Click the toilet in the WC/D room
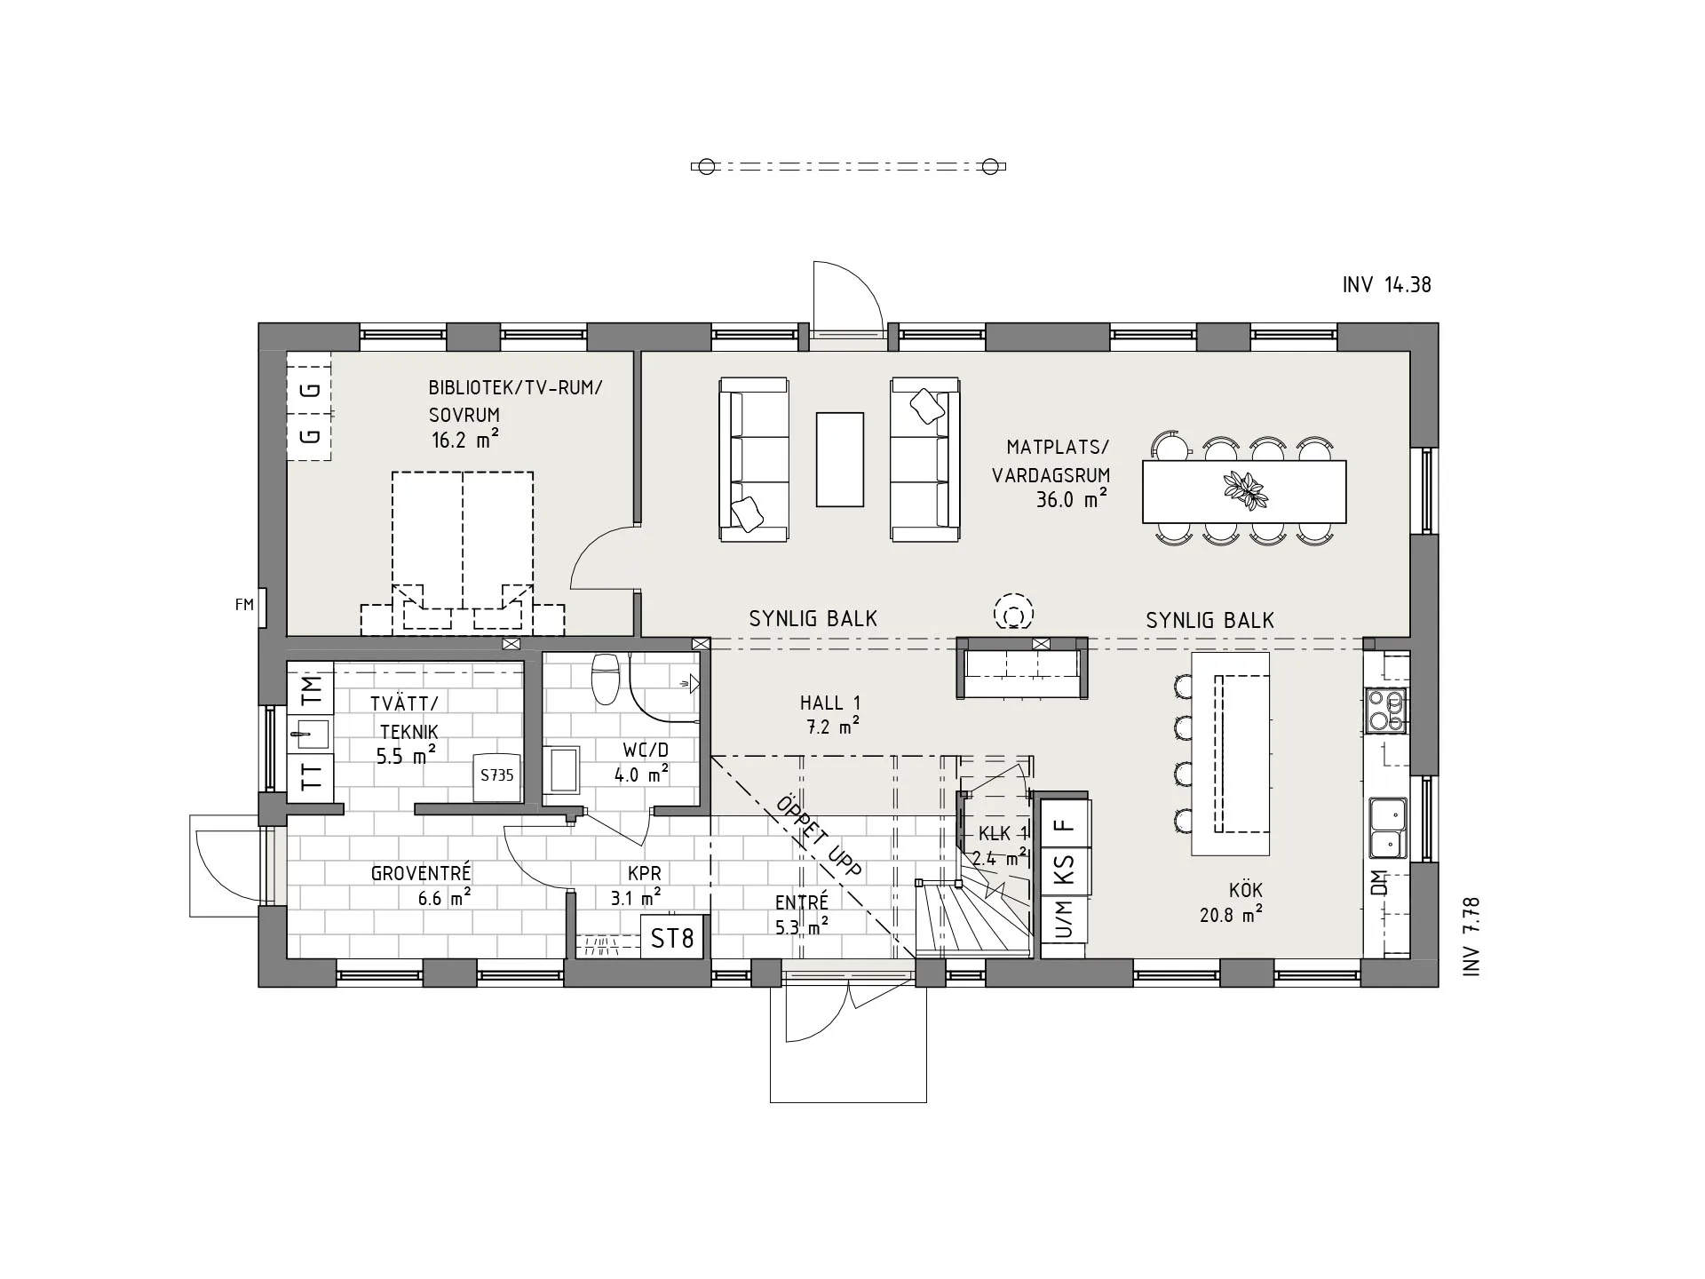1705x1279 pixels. click(x=606, y=678)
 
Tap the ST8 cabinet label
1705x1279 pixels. click(x=672, y=938)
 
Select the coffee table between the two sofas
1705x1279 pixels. click(x=839, y=459)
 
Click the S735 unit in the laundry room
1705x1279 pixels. click(x=497, y=776)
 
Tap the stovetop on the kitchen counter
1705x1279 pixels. click(x=1387, y=711)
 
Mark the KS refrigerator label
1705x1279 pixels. click(x=1064, y=868)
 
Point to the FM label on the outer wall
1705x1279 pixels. click(x=244, y=605)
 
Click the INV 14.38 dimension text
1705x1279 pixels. click(x=1387, y=284)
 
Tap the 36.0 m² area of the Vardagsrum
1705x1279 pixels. click(x=1072, y=499)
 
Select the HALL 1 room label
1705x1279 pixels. click(x=830, y=703)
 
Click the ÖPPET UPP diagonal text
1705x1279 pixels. click(x=819, y=836)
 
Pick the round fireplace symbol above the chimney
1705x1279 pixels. click(x=1013, y=613)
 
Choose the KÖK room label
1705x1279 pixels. click(x=1246, y=890)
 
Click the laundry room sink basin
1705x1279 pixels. click(x=310, y=734)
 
